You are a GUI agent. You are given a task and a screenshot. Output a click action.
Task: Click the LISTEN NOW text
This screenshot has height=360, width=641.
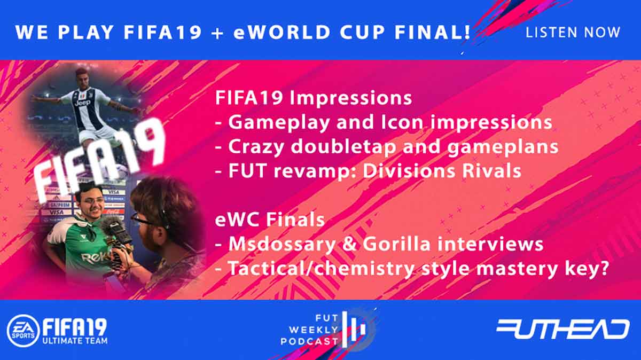pyautogui.click(x=573, y=33)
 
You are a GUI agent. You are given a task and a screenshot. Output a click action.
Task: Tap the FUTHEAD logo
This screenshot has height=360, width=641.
pyautogui.click(x=563, y=329)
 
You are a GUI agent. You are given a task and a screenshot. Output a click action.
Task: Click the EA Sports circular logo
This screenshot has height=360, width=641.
pyautogui.click(x=24, y=331)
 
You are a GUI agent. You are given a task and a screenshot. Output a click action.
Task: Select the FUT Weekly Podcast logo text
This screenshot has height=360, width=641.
pyautogui.click(x=310, y=330)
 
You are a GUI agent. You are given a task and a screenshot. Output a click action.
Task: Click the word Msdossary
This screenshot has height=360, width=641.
pyautogui.click(x=282, y=245)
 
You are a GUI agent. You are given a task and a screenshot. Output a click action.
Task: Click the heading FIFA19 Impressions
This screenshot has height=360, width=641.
pyautogui.click(x=314, y=98)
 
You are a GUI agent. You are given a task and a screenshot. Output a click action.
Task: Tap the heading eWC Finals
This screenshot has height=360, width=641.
pyautogui.click(x=270, y=220)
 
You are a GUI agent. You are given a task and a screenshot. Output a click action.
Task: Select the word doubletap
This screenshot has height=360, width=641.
pyautogui.click(x=343, y=146)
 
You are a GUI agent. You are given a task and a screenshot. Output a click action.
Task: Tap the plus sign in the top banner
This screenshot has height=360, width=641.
pyautogui.click(x=218, y=33)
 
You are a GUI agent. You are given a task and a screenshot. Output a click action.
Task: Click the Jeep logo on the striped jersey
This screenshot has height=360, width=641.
pyautogui.click(x=82, y=103)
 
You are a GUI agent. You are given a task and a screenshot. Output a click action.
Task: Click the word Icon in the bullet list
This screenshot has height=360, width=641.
pyautogui.click(x=402, y=122)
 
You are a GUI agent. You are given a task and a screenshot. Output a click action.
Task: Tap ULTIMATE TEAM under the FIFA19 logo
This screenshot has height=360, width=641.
pyautogui.click(x=75, y=341)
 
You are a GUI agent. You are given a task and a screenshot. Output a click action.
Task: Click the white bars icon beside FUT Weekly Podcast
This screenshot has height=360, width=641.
pyautogui.click(x=354, y=330)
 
